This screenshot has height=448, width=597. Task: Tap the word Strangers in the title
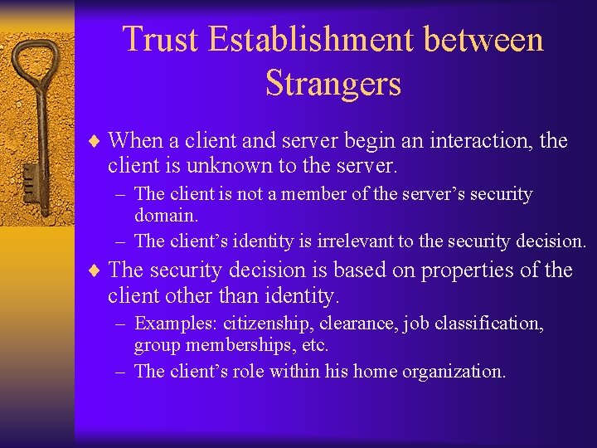[333, 83]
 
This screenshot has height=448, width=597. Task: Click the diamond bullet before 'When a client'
[97, 142]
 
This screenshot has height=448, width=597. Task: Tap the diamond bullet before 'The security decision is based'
[97, 271]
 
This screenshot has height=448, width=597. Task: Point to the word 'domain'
[166, 216]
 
